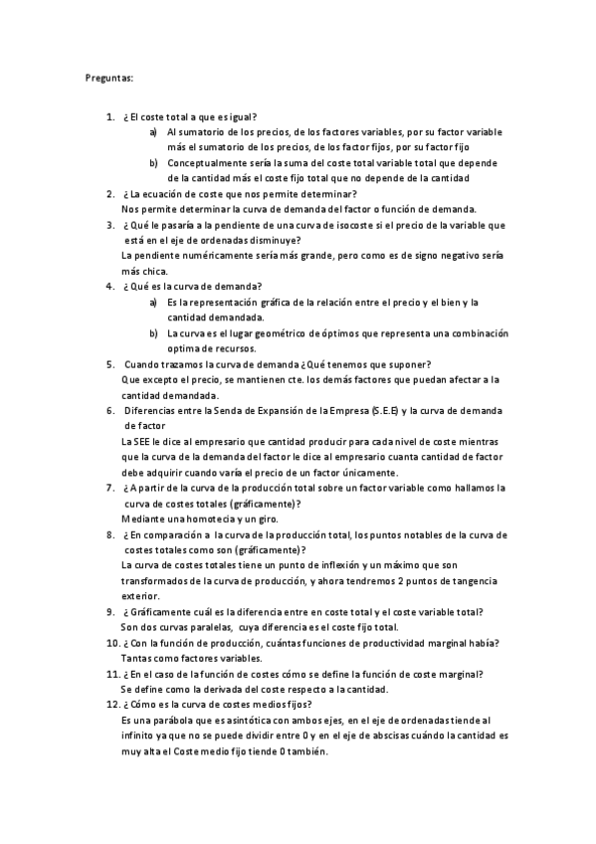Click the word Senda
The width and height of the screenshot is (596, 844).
point(247,410)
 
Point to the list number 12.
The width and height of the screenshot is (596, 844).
point(111,705)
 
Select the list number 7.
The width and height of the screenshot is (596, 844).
point(109,488)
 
